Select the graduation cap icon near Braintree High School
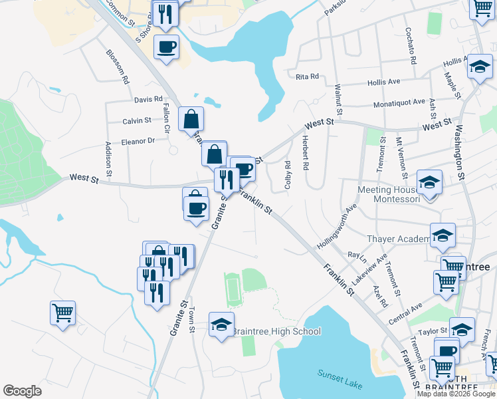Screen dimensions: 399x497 (x=221, y=325)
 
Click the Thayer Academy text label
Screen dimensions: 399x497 (x=399, y=239)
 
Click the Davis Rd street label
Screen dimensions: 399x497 (x=148, y=100)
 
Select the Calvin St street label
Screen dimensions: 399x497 (x=137, y=121)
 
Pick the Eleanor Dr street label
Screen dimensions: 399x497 (x=138, y=141)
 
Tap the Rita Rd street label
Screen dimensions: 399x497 (x=308, y=76)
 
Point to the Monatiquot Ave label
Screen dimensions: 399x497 (x=399, y=102)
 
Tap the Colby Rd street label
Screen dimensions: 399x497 (x=288, y=175)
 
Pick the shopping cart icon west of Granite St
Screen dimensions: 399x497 (x=62, y=312)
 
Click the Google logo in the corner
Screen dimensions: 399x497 (x=22, y=391)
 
